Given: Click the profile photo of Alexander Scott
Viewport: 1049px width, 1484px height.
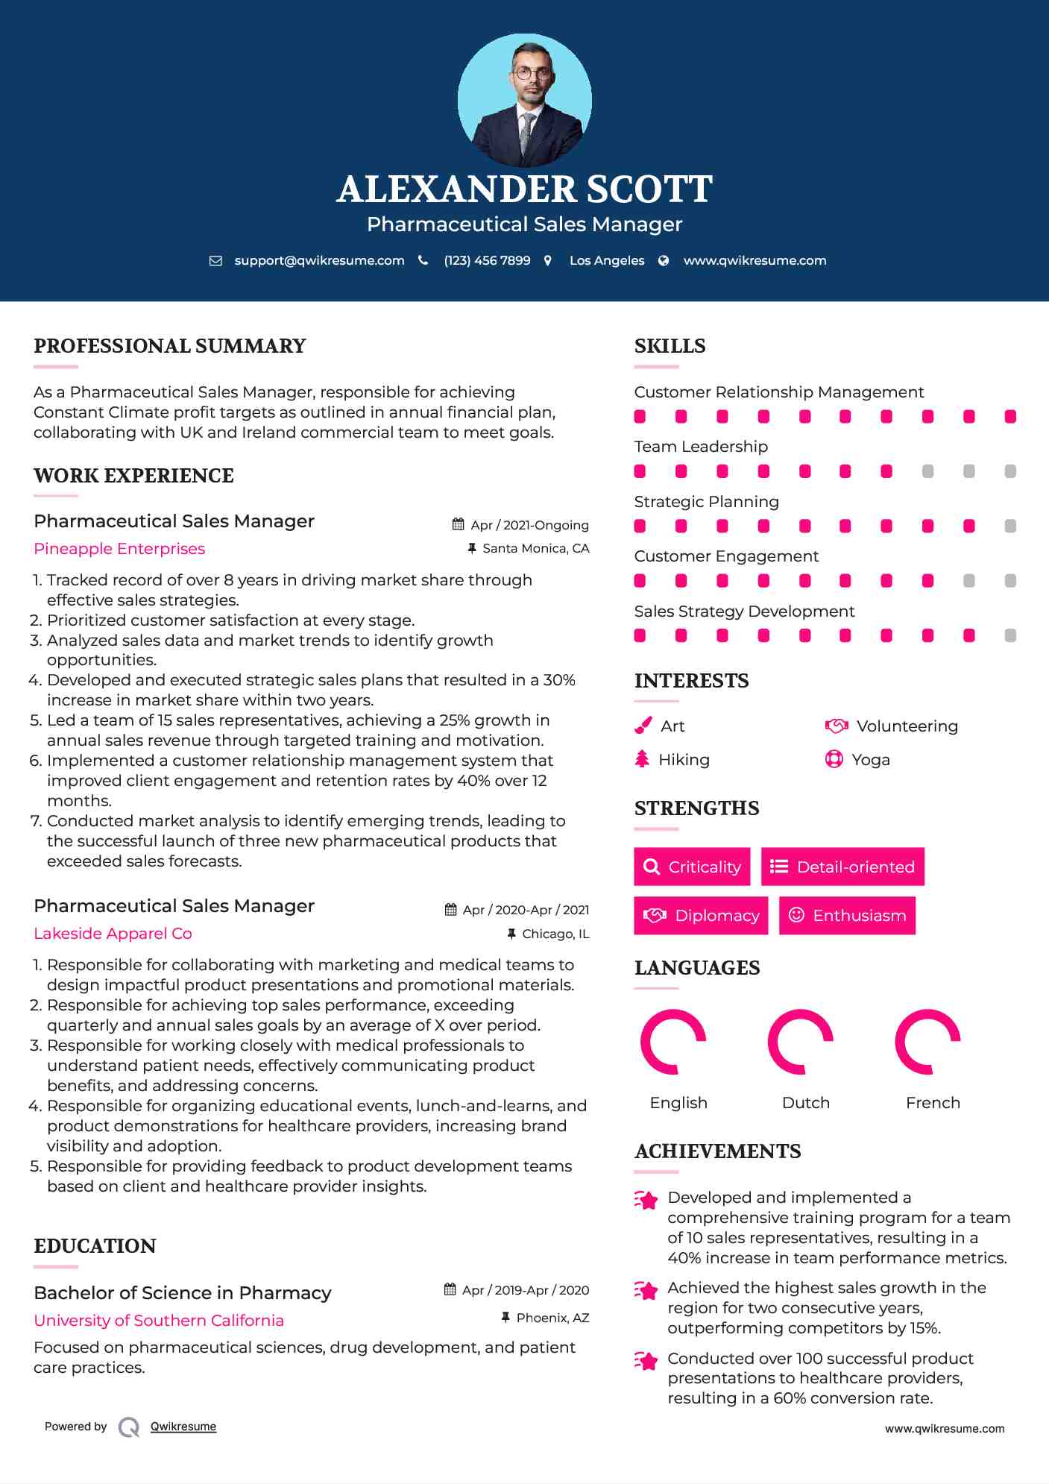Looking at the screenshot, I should click(524, 100).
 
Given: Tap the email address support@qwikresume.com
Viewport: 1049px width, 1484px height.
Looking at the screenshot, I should click(318, 261).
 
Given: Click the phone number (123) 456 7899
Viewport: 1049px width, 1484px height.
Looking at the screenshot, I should click(487, 261).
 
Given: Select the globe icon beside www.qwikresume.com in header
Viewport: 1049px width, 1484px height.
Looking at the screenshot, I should click(664, 261).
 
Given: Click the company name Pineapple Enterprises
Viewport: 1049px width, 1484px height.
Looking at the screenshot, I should click(119, 549).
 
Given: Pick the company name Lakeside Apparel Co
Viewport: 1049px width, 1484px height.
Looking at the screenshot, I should click(113, 934).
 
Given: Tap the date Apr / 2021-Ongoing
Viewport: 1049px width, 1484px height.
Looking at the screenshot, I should click(529, 525).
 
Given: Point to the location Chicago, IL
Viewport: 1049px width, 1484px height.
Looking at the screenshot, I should click(555, 934).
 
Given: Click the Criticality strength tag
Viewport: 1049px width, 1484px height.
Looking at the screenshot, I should click(692, 867).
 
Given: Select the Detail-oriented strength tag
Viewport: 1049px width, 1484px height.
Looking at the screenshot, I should click(842, 867).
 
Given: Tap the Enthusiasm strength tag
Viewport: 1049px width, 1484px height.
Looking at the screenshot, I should click(847, 915).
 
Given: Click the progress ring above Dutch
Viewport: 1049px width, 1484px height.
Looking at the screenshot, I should click(800, 1042).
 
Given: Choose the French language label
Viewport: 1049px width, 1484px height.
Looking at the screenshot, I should click(933, 1103).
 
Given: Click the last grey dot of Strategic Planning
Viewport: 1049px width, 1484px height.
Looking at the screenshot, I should click(1010, 526).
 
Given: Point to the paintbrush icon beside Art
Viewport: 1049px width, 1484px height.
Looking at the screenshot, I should click(643, 726).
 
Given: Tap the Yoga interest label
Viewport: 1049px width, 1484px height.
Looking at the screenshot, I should click(871, 760).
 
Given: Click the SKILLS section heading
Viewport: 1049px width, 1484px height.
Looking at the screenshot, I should click(670, 346).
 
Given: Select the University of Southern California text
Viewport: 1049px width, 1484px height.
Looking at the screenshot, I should click(159, 1321).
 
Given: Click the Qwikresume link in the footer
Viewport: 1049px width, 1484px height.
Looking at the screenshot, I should click(183, 1427).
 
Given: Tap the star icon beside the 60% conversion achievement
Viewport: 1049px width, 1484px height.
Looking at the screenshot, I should click(646, 1361).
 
